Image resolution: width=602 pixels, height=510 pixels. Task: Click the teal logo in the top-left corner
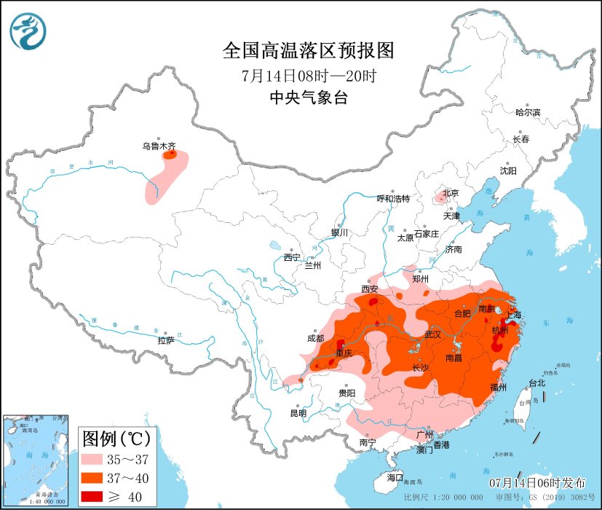28,32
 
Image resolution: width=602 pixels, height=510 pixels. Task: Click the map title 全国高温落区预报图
308,50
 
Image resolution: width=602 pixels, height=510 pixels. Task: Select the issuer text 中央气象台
308,98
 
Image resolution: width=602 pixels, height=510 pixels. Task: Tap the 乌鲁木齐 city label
158,146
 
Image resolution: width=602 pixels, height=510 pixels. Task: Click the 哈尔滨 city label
528,112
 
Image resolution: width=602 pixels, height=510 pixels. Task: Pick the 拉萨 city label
165,340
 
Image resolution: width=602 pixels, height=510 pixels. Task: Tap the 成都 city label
315,338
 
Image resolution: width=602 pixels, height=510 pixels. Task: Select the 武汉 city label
435,334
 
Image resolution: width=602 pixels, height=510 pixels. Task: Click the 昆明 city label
298,413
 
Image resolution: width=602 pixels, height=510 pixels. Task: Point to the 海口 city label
395,477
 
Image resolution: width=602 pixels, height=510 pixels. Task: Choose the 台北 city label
536,383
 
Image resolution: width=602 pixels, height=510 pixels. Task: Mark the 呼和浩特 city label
393,198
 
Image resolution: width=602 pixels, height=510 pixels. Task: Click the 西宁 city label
292,257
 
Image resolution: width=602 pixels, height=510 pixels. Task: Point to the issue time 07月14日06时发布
536,483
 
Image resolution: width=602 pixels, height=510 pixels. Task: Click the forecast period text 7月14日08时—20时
308,75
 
